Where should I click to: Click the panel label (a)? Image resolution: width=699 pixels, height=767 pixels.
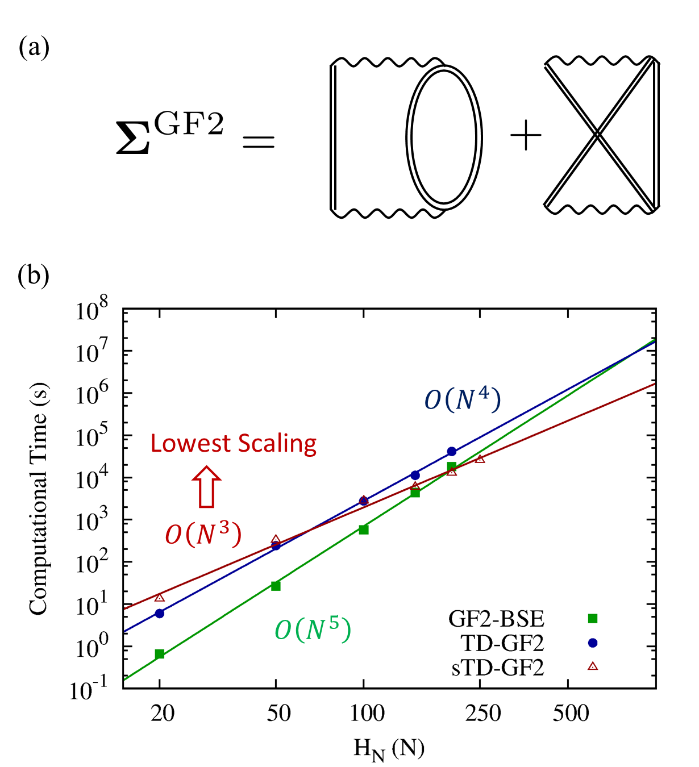click(34, 48)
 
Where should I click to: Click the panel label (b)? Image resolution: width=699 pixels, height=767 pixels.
click(34, 276)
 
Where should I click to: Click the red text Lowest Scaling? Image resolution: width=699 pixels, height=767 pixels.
click(234, 444)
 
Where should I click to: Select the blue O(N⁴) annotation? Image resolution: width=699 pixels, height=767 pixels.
click(463, 400)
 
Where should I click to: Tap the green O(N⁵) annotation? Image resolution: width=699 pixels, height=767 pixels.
click(313, 630)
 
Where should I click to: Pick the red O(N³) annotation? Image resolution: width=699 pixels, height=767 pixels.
click(203, 534)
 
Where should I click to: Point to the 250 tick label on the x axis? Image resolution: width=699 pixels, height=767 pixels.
click(483, 713)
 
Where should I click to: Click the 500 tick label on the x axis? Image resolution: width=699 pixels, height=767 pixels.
click(571, 713)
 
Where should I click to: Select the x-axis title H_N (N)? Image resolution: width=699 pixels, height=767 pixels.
click(389, 749)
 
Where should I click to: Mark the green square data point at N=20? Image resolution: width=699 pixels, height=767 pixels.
click(160, 654)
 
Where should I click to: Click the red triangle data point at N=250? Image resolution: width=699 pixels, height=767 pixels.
click(480, 459)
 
